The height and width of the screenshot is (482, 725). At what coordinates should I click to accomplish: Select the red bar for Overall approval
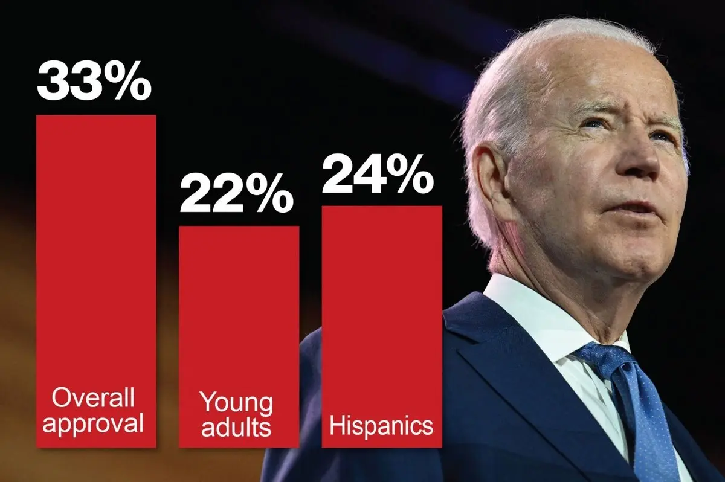(x=96, y=254)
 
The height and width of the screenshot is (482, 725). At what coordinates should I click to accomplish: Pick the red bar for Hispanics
(x=381, y=302)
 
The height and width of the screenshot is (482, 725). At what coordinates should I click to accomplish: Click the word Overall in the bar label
(x=93, y=398)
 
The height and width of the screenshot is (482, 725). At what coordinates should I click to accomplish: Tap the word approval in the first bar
(x=93, y=423)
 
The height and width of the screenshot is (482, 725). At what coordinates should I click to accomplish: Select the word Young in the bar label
(x=236, y=403)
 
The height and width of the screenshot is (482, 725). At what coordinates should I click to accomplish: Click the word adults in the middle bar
(x=236, y=426)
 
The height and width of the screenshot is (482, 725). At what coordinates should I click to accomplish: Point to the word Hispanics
(x=381, y=426)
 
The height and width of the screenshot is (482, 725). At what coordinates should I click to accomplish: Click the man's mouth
(x=634, y=208)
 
